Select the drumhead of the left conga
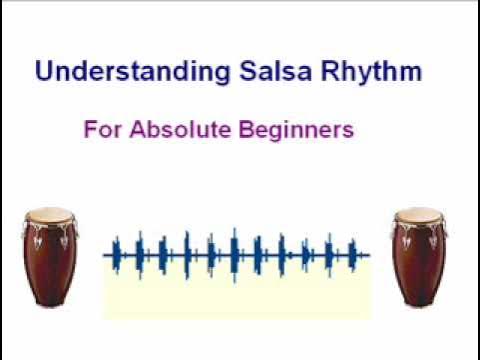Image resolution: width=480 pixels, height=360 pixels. coord(50,214)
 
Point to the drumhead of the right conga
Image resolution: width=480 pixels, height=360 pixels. coord(417,214)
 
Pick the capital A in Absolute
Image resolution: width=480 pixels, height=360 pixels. coord(136,129)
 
